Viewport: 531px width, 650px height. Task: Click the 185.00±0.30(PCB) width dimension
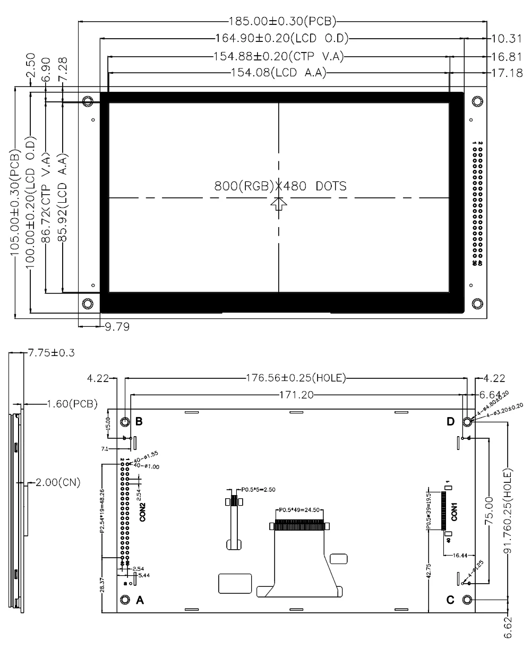pyautogui.click(x=282, y=22)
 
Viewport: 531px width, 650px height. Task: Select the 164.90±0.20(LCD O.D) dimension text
pyautogui.click(x=282, y=38)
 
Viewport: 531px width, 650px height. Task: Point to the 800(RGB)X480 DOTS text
pyautogui.click(x=280, y=187)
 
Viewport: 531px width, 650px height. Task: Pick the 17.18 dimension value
pyautogui.click(x=507, y=73)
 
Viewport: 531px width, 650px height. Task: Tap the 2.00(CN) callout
pyautogui.click(x=56, y=483)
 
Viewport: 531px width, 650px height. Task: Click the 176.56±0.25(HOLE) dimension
pyautogui.click(x=296, y=378)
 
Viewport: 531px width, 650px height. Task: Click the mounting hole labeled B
pyautogui.click(x=125, y=422)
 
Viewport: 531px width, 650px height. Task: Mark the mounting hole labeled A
pyautogui.click(x=125, y=600)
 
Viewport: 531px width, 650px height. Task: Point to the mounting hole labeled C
pyautogui.click(x=467, y=600)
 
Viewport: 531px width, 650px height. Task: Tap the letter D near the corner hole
pyautogui.click(x=450, y=422)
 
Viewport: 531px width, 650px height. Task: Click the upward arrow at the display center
pyautogui.click(x=278, y=204)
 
